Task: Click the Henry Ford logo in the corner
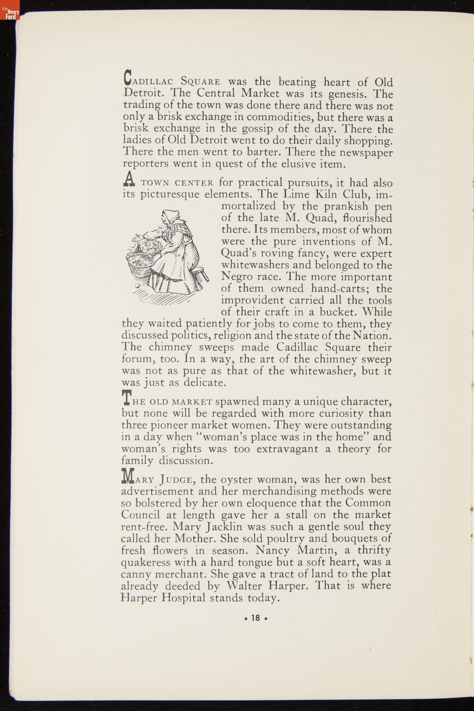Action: click(9, 10)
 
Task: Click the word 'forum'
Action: click(137, 359)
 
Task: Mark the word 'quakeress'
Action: click(146, 563)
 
